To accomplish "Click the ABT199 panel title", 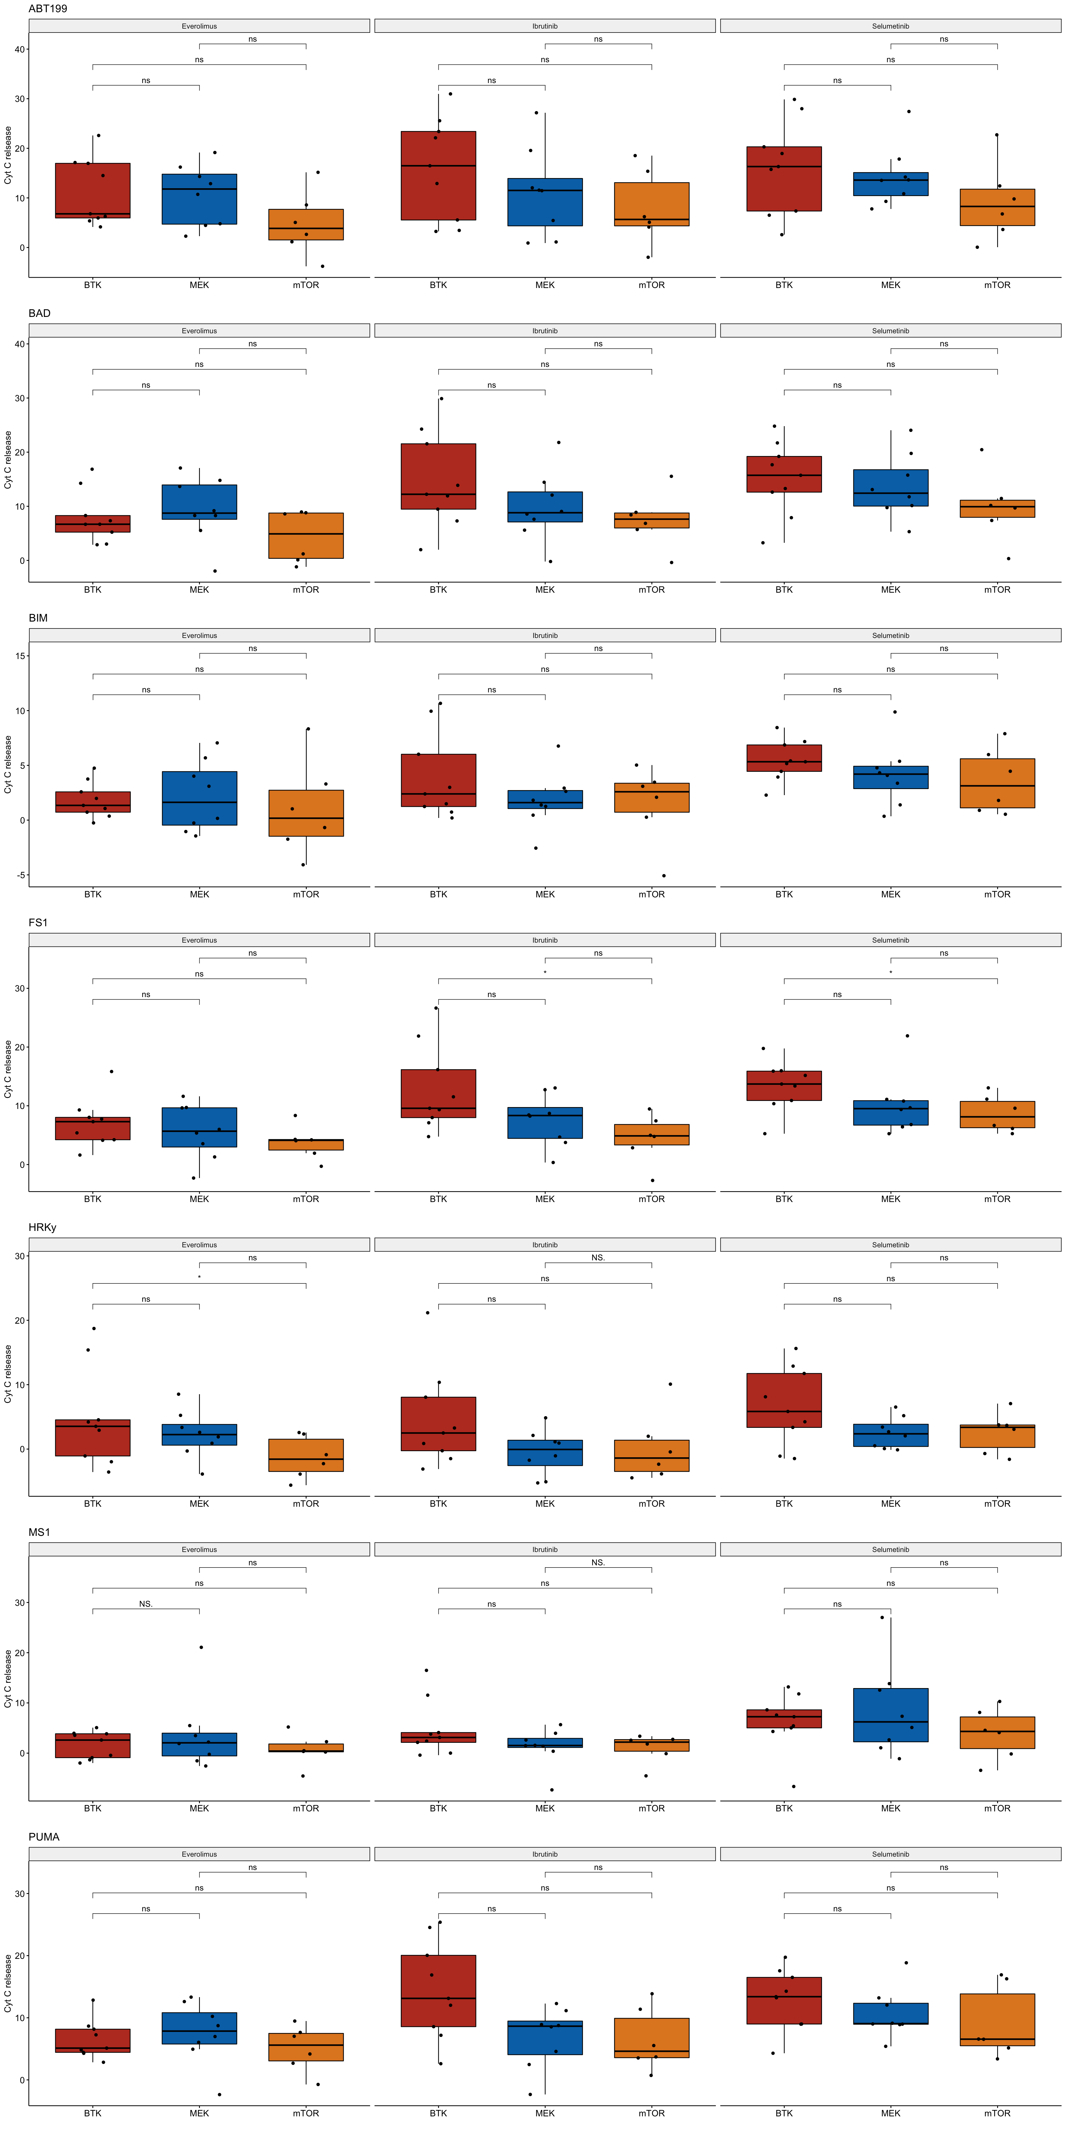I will [x=48, y=8].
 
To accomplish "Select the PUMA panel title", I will [x=44, y=1837].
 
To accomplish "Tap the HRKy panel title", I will [x=42, y=1227].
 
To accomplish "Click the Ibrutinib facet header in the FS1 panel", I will [x=545, y=940].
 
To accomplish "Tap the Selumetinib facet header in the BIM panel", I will [x=891, y=635].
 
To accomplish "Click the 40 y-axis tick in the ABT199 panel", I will [x=20, y=49].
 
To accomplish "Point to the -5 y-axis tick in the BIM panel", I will [x=20, y=875].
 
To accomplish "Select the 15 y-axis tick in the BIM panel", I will [x=20, y=656].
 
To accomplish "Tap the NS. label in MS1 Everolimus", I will [x=146, y=1604].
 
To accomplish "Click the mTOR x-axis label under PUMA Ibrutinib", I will [x=651, y=2113].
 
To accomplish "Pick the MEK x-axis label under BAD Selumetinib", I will [x=891, y=590].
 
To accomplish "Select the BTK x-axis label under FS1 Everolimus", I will [x=93, y=1199].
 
